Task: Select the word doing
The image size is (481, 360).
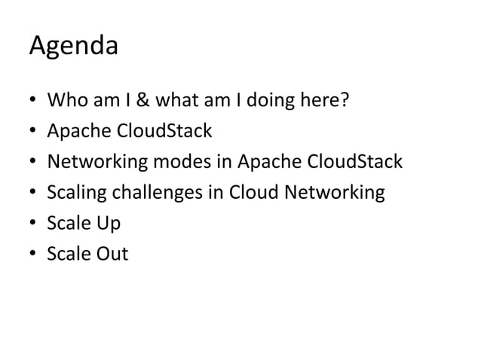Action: coord(278,101)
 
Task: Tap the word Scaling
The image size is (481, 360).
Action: coord(78,193)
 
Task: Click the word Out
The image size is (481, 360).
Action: coord(110,254)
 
